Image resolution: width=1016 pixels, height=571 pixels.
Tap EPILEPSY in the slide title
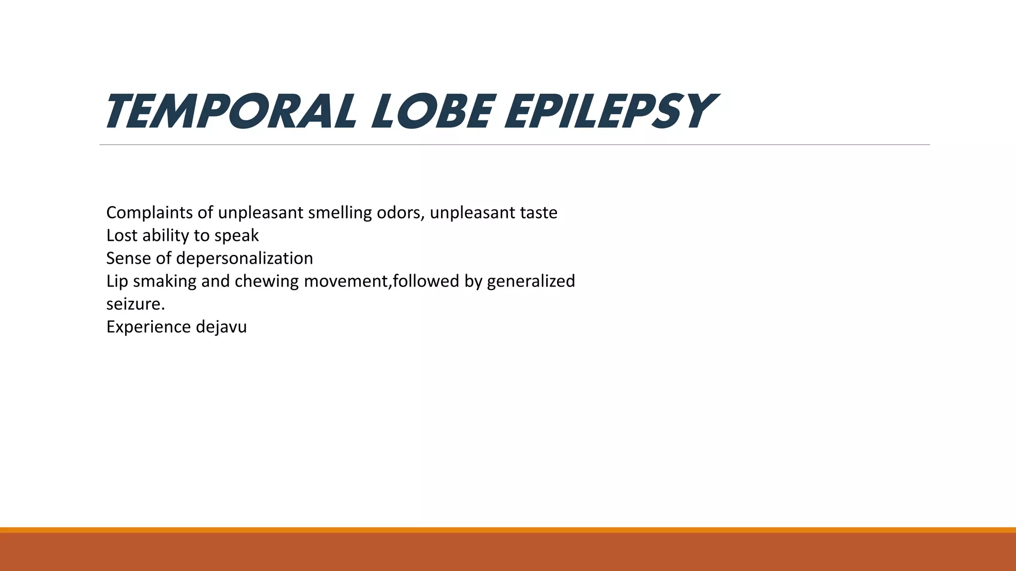pos(609,112)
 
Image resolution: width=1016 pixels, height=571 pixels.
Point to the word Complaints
pos(149,213)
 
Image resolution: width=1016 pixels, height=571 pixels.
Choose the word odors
pos(400,213)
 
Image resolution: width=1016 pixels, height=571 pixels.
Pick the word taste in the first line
pos(538,213)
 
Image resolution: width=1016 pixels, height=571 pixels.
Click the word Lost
pos(122,235)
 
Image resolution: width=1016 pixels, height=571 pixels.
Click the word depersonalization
pos(244,258)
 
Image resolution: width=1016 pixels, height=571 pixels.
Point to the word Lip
pos(117,281)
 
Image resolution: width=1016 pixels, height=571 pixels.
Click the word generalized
pos(531,281)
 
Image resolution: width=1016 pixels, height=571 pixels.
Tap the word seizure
pos(135,304)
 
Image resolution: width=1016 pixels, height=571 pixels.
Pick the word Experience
pos(148,327)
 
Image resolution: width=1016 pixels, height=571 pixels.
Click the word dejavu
pos(221,327)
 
